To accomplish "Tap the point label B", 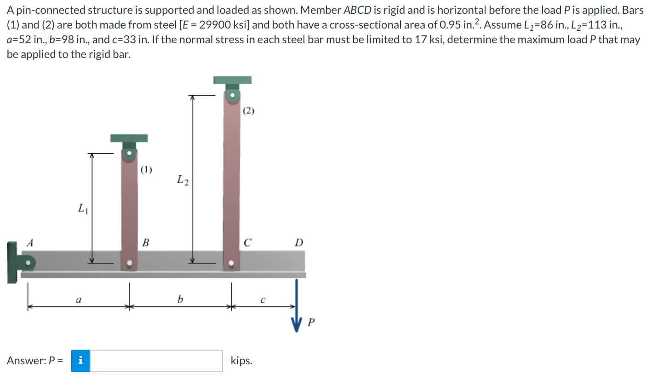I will point(145,242).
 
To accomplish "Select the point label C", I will point(247,242).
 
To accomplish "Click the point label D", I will point(299,242).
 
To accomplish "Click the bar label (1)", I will point(146,170).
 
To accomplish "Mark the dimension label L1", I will point(81,209).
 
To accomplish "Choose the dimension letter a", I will point(78,299).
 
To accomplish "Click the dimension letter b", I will point(180,299).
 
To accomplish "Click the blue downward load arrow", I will point(297,304).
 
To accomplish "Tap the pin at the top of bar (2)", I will point(232,96).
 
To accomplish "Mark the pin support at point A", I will point(29,264).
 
